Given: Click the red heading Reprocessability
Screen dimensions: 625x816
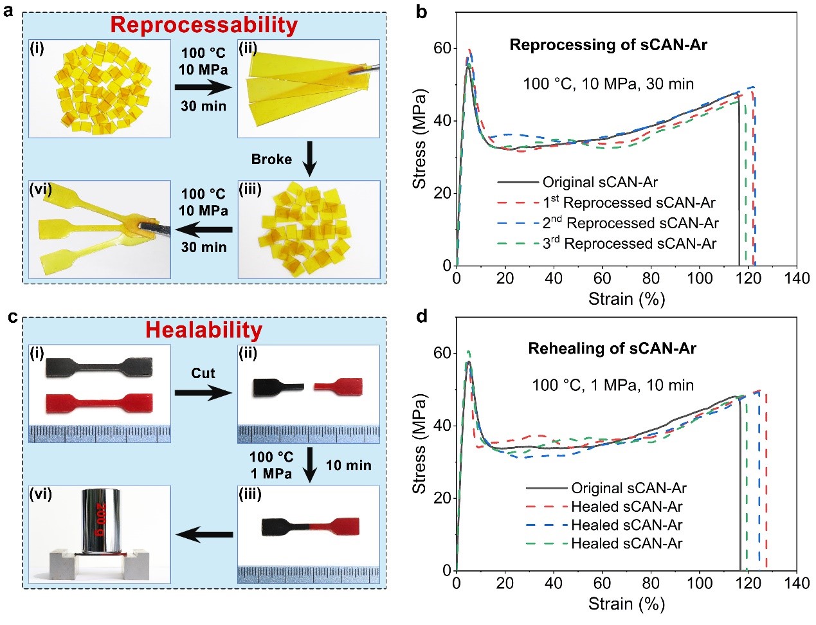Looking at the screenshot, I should [x=204, y=25].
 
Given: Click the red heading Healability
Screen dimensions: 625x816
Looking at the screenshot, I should [x=204, y=330].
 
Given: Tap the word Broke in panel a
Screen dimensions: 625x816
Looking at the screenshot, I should [x=271, y=159].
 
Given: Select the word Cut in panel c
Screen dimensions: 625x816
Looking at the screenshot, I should [x=203, y=374].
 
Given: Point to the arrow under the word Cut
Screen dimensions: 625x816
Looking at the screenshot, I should [x=203, y=392].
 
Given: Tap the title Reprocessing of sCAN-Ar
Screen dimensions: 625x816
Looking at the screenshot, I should [x=608, y=45].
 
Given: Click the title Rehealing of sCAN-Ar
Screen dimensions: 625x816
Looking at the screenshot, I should [x=612, y=349].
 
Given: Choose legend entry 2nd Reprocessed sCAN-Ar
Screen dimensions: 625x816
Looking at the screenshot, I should [x=630, y=223].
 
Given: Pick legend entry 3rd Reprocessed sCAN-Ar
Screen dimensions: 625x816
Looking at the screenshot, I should [x=629, y=244].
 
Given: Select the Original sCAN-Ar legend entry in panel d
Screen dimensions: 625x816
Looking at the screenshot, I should [x=629, y=488].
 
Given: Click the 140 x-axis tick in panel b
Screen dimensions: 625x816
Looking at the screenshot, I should [x=797, y=278].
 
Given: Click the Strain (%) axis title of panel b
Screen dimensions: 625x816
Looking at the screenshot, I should [x=626, y=299].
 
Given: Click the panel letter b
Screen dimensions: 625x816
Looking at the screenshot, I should [x=422, y=11].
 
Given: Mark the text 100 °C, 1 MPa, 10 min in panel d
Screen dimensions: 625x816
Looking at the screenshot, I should [x=612, y=385].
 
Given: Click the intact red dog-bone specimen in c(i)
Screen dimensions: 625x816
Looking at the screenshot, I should [x=99, y=404].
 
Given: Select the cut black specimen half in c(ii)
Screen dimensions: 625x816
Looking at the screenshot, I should [x=277, y=387].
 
